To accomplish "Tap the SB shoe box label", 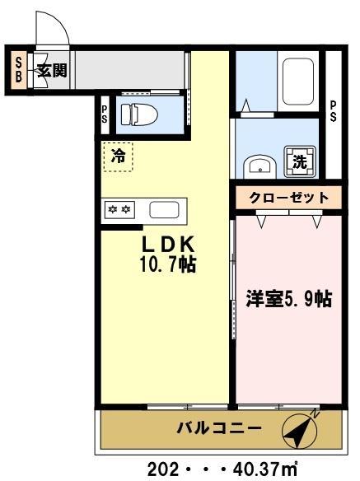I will (x=18, y=69).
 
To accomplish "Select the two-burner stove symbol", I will (x=119, y=209).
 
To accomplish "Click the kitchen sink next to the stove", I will (x=164, y=209).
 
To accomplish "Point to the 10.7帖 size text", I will (x=167, y=265).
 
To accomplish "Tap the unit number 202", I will (x=162, y=469).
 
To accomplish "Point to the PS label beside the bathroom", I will (x=333, y=110).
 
